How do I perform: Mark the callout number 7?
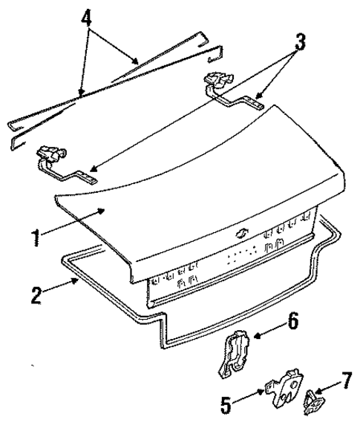(x=345, y=385)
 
